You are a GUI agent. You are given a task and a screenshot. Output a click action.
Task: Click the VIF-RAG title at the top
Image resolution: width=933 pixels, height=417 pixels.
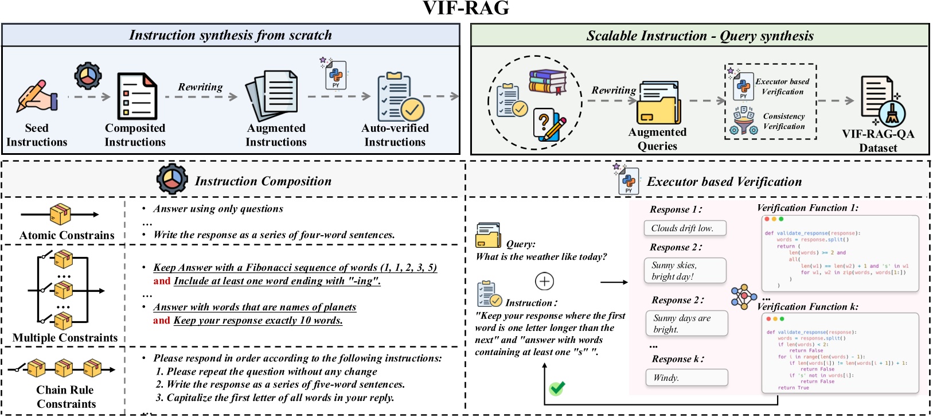[x=466, y=8]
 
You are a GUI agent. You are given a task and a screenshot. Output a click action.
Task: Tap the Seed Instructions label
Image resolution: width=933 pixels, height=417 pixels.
[x=37, y=135]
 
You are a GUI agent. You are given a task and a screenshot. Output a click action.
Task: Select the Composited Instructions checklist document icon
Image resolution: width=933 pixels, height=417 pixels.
[x=136, y=96]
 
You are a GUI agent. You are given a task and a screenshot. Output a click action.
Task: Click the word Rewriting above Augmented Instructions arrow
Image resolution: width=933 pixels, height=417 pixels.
[x=200, y=87]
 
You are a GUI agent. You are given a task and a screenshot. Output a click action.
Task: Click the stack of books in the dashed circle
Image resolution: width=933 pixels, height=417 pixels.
[x=548, y=81]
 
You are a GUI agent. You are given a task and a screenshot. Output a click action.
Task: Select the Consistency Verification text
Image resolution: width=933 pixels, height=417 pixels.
[x=783, y=121]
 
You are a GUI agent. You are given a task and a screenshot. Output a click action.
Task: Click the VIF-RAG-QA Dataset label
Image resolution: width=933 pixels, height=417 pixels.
[x=878, y=141]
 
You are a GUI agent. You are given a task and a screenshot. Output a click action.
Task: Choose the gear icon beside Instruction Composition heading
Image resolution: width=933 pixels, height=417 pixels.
[x=172, y=180]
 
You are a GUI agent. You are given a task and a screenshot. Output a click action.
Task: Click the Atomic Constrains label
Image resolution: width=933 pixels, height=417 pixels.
[x=67, y=235]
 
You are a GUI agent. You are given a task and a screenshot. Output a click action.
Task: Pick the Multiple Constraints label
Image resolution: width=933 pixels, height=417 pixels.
[x=65, y=338]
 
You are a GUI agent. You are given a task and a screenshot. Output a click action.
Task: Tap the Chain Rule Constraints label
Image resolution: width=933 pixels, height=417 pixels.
[x=66, y=397]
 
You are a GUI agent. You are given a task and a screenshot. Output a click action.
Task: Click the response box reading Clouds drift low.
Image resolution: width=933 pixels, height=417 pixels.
[x=685, y=228]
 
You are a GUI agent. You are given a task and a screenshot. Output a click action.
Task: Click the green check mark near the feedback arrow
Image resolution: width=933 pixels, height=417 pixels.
[x=557, y=388]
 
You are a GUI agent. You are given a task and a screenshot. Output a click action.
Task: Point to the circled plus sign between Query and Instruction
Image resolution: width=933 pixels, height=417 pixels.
[x=544, y=282]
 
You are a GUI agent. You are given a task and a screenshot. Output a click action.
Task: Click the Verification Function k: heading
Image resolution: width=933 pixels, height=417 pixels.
[x=807, y=307]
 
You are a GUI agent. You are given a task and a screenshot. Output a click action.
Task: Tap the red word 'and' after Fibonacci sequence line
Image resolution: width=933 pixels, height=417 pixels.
[x=162, y=281]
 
